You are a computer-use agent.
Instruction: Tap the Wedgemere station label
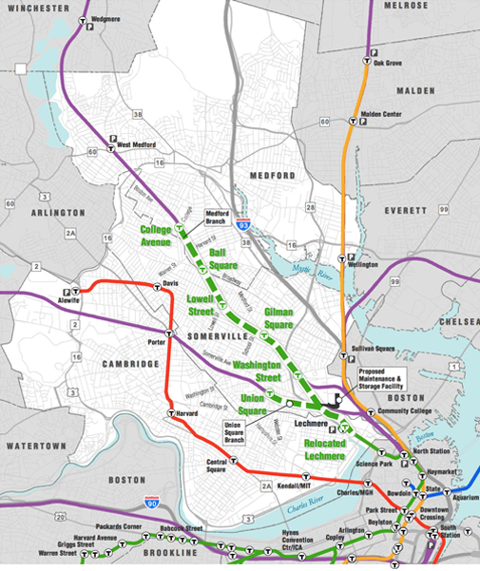(107, 19)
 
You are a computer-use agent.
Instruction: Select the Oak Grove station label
(388, 63)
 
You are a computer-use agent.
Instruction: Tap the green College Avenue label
(161, 236)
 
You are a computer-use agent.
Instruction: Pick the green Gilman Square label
(278, 317)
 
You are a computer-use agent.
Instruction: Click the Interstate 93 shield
(244, 225)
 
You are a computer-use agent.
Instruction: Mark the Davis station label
(171, 283)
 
